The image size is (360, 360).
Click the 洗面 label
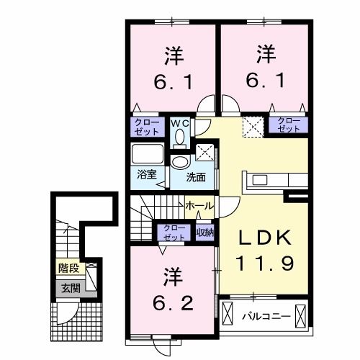[196, 176]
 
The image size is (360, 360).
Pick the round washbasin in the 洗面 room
[179, 162]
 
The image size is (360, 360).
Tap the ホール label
[198, 206]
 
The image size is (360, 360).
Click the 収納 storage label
[204, 231]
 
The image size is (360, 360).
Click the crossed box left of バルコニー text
[228, 315]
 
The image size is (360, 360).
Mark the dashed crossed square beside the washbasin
[206, 153]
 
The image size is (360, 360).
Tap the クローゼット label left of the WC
[146, 127]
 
